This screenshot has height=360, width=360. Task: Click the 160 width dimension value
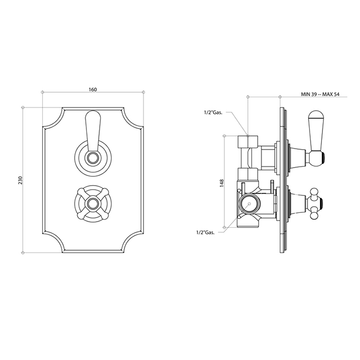pos(93,89)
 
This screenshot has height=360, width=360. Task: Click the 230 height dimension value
pos(21,180)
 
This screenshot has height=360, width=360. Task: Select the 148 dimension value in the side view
pos(222,183)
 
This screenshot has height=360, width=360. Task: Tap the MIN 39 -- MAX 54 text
pos(320,94)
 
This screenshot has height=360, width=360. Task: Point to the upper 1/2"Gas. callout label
pos(213,113)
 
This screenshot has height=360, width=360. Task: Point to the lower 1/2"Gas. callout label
pos(205,232)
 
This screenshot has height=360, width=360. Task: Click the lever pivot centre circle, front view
pos(93,158)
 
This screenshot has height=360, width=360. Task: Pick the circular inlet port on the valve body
pos(249,204)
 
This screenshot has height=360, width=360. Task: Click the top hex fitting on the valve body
pos(247,141)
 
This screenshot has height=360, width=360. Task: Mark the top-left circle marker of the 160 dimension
pos(43,92)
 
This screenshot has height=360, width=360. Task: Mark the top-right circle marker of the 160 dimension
pos(143,92)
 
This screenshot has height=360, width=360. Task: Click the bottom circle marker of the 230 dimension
pos(23,253)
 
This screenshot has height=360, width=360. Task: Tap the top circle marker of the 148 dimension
pos(225,136)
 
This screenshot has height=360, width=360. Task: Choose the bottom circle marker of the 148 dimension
pos(224,227)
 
